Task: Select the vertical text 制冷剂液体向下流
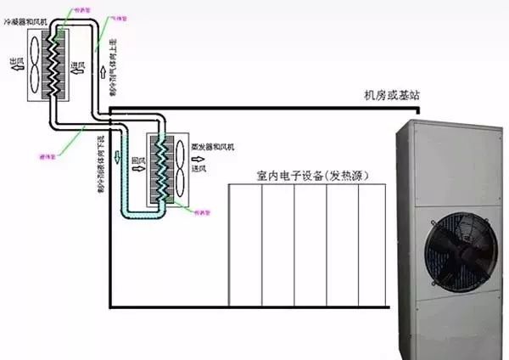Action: [x=101, y=166]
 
